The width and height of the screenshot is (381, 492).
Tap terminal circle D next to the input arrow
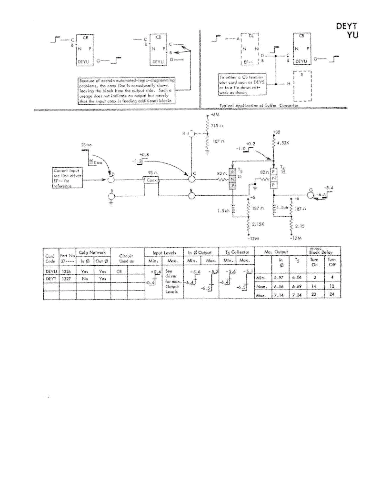coord(112,181)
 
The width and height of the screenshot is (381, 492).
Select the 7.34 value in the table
coord(297,296)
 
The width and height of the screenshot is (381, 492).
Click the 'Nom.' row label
coord(261,287)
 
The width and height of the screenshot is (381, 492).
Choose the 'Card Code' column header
coord(50,258)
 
